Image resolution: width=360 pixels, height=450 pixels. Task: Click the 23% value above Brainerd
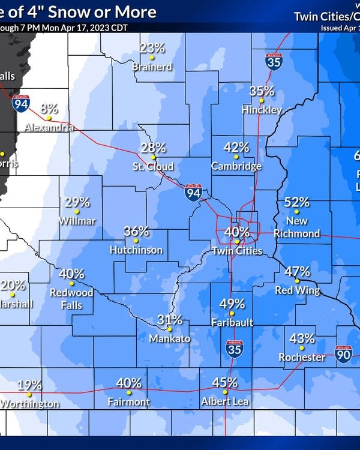[152, 48]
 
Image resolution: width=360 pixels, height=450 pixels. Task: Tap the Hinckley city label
[262, 110]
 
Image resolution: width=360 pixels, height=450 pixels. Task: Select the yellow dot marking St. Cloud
[153, 157]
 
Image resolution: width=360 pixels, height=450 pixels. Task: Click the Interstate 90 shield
[344, 355]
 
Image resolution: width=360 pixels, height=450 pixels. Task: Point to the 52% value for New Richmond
[296, 203]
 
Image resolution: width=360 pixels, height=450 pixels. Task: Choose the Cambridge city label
[236, 166]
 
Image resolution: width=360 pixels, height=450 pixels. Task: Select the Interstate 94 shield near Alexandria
[19, 103]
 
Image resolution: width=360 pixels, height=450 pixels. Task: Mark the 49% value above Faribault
[232, 304]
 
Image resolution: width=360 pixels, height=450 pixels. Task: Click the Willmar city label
[77, 221]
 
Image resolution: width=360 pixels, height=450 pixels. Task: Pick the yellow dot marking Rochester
[302, 347]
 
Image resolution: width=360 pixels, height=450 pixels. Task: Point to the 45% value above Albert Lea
[225, 382]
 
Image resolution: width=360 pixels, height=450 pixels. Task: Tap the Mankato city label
[170, 339]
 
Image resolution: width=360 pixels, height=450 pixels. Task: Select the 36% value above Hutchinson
[136, 231]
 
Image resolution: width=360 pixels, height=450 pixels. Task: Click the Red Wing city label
[297, 291]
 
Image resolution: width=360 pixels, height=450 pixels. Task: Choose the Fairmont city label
[128, 401]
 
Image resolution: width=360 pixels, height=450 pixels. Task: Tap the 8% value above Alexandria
[49, 109]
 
